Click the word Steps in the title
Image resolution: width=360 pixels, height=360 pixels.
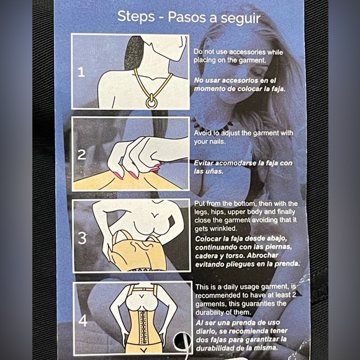136,17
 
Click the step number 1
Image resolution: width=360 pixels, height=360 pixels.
81,72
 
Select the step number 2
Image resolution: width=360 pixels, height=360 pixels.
81,155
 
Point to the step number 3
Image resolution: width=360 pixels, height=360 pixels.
82,238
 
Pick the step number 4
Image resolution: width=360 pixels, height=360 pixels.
83,320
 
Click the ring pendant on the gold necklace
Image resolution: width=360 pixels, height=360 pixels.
151,101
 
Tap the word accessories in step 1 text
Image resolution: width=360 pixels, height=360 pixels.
247,52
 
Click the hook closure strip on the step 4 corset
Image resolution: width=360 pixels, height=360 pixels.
143,327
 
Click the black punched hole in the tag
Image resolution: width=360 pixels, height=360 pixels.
182,341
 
